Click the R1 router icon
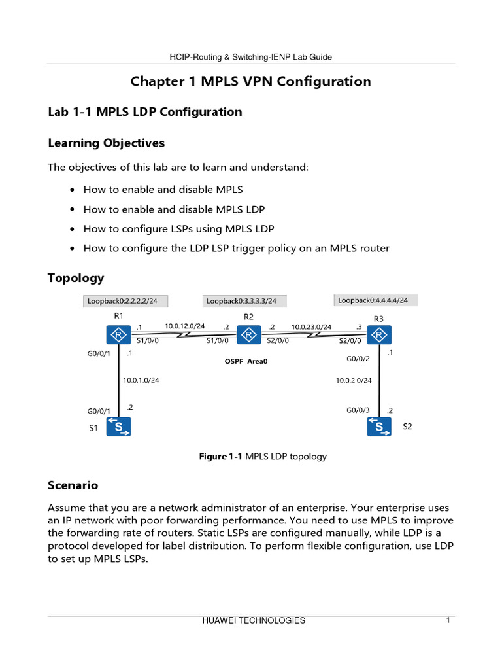pyautogui.click(x=118, y=336)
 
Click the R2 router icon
pyautogui.click(x=248, y=336)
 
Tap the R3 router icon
pyautogui.click(x=378, y=336)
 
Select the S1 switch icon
pyautogui.click(x=118, y=427)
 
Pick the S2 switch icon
pyautogui.click(x=378, y=427)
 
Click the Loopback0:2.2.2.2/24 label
pyautogui.click(x=125, y=302)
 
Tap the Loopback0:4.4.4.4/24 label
pyautogui.click(x=376, y=300)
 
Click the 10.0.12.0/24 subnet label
pyautogui.click(x=184, y=326)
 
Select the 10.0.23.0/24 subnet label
pyautogui.click(x=311, y=326)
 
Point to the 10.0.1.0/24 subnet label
pyautogui.click(x=141, y=380)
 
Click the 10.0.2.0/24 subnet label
pyautogui.click(x=354, y=380)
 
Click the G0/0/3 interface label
pyautogui.click(x=358, y=410)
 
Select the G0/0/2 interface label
pyautogui.click(x=358, y=359)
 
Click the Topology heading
pyautogui.click(x=76, y=278)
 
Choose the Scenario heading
pyautogui.click(x=73, y=485)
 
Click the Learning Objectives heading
pyautogui.click(x=106, y=143)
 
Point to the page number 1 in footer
pyautogui.click(x=448, y=620)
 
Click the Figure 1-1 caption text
pyautogui.click(x=263, y=457)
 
